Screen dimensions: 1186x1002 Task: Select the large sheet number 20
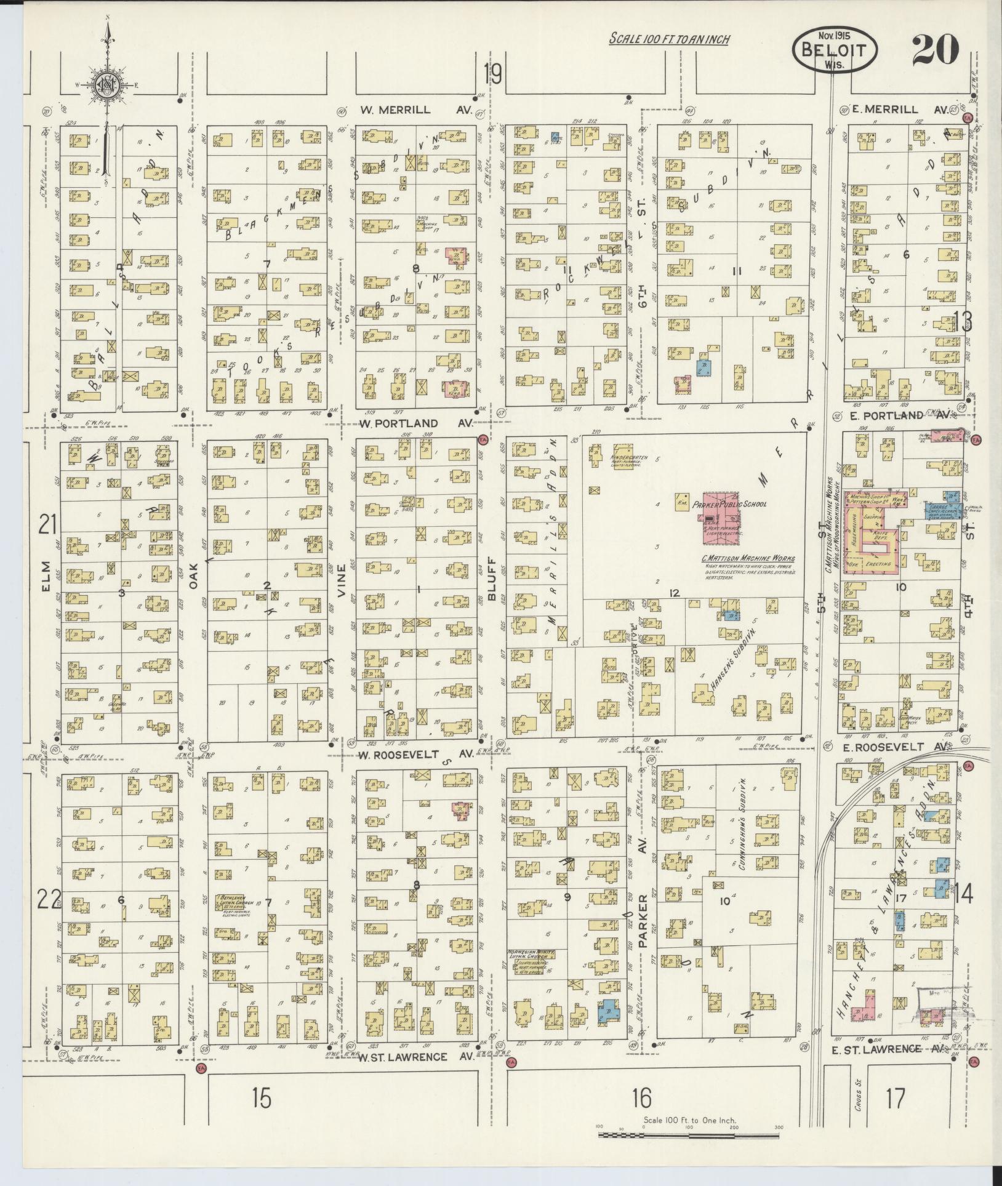(x=935, y=50)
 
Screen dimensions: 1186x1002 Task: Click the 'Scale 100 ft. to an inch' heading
(x=669, y=39)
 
